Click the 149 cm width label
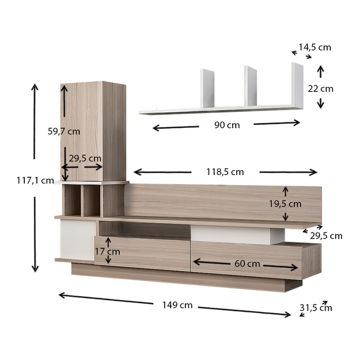click(177, 305)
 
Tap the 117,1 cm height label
click(35, 180)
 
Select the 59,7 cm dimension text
click(64, 131)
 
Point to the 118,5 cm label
click(225, 172)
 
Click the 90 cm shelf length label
click(227, 125)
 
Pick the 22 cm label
click(321, 89)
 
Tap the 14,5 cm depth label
click(315, 47)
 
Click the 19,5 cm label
click(285, 203)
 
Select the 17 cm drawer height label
click(108, 251)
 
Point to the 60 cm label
click(247, 264)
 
